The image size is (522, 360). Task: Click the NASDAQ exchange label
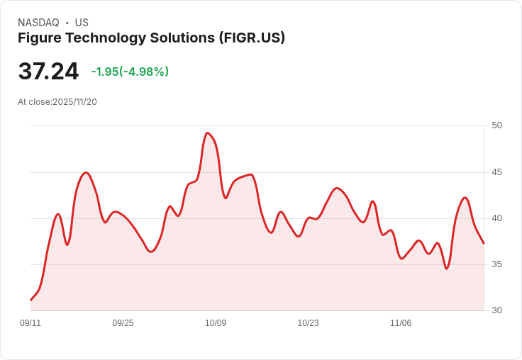(x=38, y=23)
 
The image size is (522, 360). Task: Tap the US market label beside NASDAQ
(x=82, y=23)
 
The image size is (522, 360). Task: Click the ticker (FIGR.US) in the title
(x=252, y=38)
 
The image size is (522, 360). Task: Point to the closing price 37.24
(x=48, y=72)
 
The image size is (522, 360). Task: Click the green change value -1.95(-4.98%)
(x=130, y=72)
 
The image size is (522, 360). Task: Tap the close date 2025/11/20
(x=74, y=102)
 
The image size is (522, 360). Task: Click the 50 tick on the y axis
(x=496, y=125)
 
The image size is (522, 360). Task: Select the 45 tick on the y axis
(x=496, y=172)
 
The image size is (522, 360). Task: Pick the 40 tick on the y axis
(x=496, y=218)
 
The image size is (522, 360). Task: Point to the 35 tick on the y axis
(x=496, y=264)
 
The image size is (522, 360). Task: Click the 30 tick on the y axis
(x=496, y=310)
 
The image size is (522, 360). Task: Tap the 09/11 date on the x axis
(x=30, y=323)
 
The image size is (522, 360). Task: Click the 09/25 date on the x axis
(x=123, y=323)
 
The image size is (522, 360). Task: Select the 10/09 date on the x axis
(x=216, y=323)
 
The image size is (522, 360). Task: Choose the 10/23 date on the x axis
(x=308, y=323)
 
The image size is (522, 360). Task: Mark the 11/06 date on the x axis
(x=401, y=323)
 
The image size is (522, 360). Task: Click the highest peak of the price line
(x=207, y=133)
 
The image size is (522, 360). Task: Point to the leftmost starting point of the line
(x=30, y=300)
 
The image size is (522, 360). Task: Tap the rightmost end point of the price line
(x=484, y=244)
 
